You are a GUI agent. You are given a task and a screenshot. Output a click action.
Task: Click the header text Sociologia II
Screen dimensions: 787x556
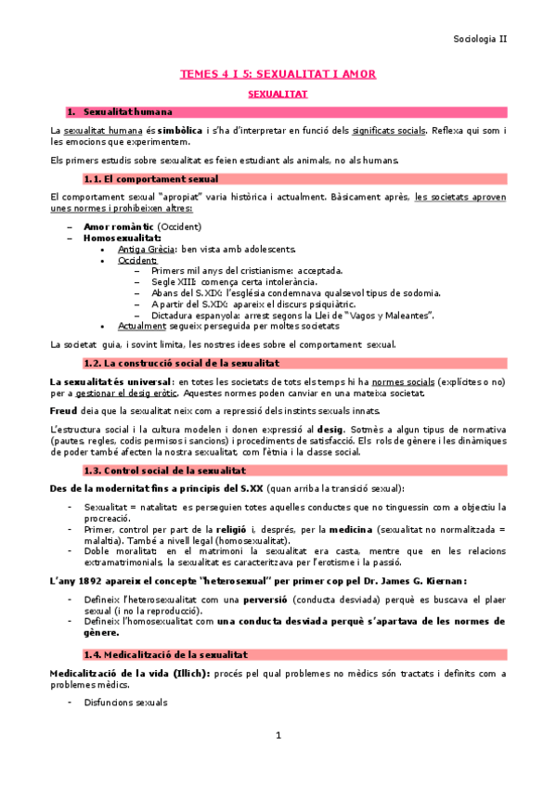click(480, 39)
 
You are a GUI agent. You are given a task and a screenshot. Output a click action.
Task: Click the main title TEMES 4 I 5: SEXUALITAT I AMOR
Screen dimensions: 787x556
click(278, 73)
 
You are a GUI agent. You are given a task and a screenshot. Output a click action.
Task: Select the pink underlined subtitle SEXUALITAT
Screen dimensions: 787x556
click(278, 95)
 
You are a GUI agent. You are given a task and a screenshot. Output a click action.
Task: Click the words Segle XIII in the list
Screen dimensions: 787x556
click(172, 282)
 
